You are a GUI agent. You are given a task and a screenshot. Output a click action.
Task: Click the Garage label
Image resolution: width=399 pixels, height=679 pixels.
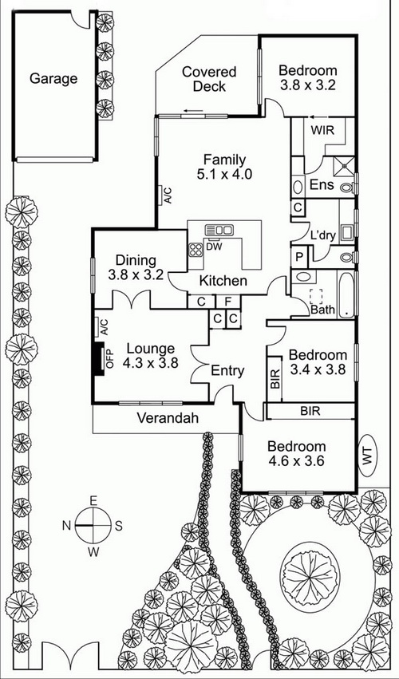53,79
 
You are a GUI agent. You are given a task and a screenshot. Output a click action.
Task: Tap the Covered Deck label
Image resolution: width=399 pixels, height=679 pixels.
209,79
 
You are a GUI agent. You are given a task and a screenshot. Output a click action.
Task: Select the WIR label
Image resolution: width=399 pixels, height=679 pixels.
323,130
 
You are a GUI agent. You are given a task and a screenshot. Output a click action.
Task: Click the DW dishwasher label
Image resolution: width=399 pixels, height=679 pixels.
213,247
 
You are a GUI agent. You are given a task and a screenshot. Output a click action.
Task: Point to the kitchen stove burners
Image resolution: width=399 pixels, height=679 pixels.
196,250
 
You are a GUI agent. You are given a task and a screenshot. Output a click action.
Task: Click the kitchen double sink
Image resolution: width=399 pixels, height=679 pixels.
219,230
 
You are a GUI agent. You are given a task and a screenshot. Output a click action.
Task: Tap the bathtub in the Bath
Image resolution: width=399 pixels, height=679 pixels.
346,294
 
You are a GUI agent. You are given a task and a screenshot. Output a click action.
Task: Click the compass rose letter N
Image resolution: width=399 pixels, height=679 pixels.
66,526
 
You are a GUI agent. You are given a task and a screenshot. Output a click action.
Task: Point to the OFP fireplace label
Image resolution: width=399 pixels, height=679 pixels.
109,358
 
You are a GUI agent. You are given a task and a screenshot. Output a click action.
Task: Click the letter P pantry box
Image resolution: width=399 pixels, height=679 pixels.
299,256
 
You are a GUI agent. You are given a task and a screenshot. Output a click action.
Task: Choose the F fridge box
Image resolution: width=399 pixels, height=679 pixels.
228,302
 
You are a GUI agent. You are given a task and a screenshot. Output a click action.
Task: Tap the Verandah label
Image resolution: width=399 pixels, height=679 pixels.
168,418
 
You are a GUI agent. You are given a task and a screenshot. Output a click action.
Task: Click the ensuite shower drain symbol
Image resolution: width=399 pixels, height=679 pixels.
345,165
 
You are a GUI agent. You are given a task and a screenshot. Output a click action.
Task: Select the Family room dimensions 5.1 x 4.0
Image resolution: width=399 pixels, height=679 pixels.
224,174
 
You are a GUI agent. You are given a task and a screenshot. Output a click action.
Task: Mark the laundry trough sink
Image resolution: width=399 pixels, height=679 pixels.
346,232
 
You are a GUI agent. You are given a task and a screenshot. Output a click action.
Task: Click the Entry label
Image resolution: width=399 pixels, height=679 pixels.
227,371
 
